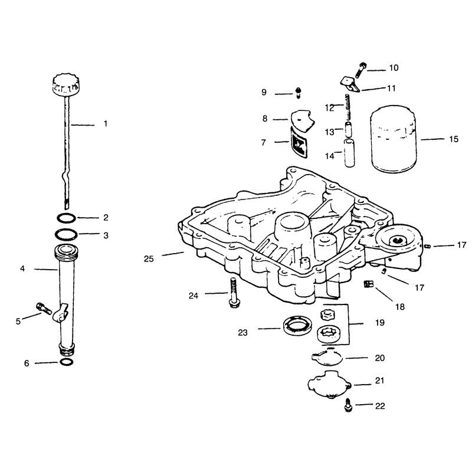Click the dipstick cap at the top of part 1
[x=66, y=84]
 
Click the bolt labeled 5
[x=44, y=309]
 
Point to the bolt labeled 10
[x=361, y=70]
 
